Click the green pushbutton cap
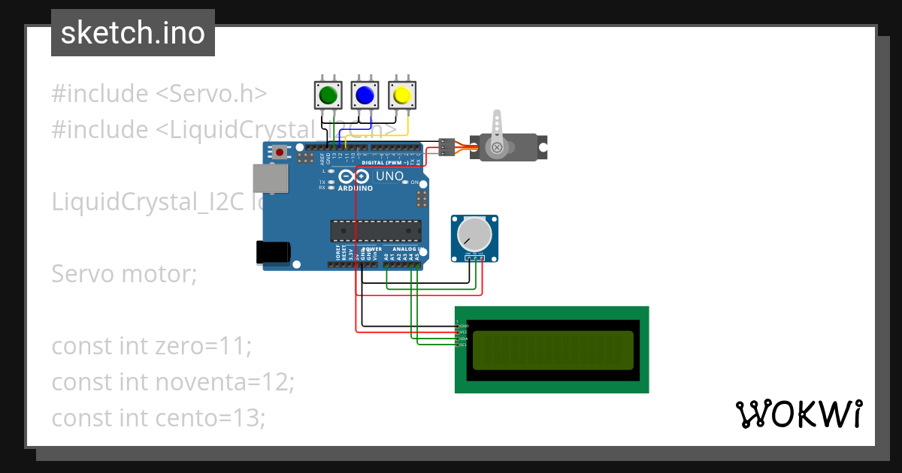point(328,95)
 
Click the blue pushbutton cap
point(365,95)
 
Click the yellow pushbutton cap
point(401,95)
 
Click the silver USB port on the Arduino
point(270,178)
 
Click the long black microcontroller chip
point(376,231)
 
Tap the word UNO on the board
point(389,176)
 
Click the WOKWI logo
point(798,414)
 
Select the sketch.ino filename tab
point(133,33)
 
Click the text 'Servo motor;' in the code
point(124,274)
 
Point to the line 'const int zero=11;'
point(151,346)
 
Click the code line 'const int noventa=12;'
point(173,382)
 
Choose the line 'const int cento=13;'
point(159,417)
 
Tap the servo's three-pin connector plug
point(446,147)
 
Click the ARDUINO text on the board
point(356,188)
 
